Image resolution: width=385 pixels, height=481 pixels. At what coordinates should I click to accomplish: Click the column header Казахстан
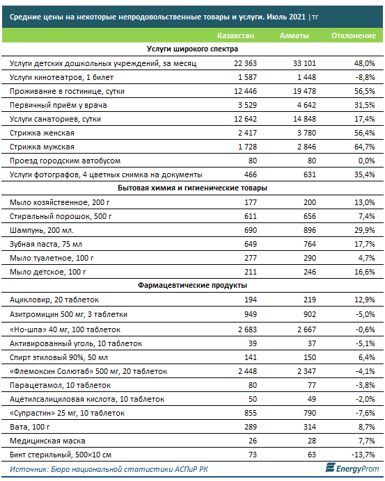[x=235, y=35]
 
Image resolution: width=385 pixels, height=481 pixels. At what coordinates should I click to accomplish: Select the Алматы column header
[x=294, y=35]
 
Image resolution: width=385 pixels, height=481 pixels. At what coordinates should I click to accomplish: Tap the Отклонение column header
[x=354, y=35]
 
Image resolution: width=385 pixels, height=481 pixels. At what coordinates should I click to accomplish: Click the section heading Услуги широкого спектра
[x=192, y=49]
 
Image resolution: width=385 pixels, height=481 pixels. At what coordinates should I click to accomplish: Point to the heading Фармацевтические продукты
[x=192, y=285]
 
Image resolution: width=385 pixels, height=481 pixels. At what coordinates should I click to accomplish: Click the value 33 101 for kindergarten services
[x=304, y=63]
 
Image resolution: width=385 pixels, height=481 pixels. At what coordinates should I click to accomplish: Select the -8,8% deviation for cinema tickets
[x=365, y=77]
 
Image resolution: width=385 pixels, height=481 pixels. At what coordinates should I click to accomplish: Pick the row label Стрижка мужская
[x=42, y=147]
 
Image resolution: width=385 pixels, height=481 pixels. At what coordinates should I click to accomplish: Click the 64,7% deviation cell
[x=364, y=147]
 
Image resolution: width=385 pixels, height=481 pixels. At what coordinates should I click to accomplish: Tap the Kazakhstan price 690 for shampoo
[x=251, y=230]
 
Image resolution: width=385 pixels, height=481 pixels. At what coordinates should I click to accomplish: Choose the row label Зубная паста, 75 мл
[x=46, y=245]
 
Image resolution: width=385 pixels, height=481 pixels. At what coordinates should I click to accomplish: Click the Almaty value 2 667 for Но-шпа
[x=306, y=329]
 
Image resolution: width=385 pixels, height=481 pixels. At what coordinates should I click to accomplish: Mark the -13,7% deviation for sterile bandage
[x=363, y=455]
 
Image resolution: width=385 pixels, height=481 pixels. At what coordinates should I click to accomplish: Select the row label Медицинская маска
[x=47, y=441]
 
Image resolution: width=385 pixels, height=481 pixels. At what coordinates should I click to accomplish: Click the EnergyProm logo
[x=352, y=468]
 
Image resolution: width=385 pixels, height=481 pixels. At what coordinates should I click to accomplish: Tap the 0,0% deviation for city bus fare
[x=367, y=161]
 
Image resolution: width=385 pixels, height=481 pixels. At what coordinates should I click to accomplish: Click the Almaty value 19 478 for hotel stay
[x=304, y=91]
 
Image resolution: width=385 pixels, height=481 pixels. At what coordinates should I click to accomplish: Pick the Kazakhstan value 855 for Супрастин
[x=251, y=413]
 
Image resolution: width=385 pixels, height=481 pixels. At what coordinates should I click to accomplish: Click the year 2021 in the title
[x=297, y=17]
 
